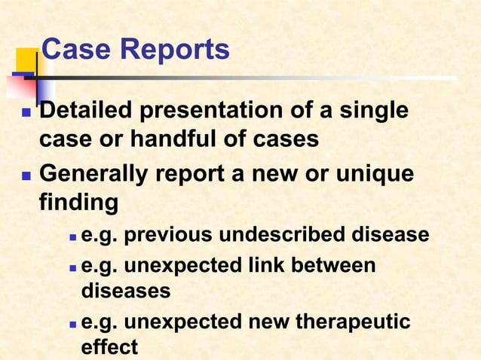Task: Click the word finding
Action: (78, 203)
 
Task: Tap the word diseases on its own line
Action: (125, 290)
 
